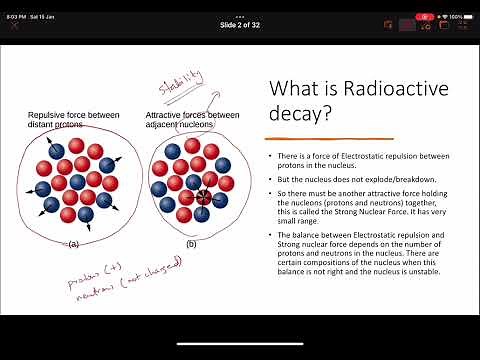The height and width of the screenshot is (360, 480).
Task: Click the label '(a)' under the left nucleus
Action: [x=72, y=243]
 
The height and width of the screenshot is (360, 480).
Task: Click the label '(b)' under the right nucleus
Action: [x=190, y=243]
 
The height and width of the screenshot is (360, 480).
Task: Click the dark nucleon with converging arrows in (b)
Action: [x=204, y=196]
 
